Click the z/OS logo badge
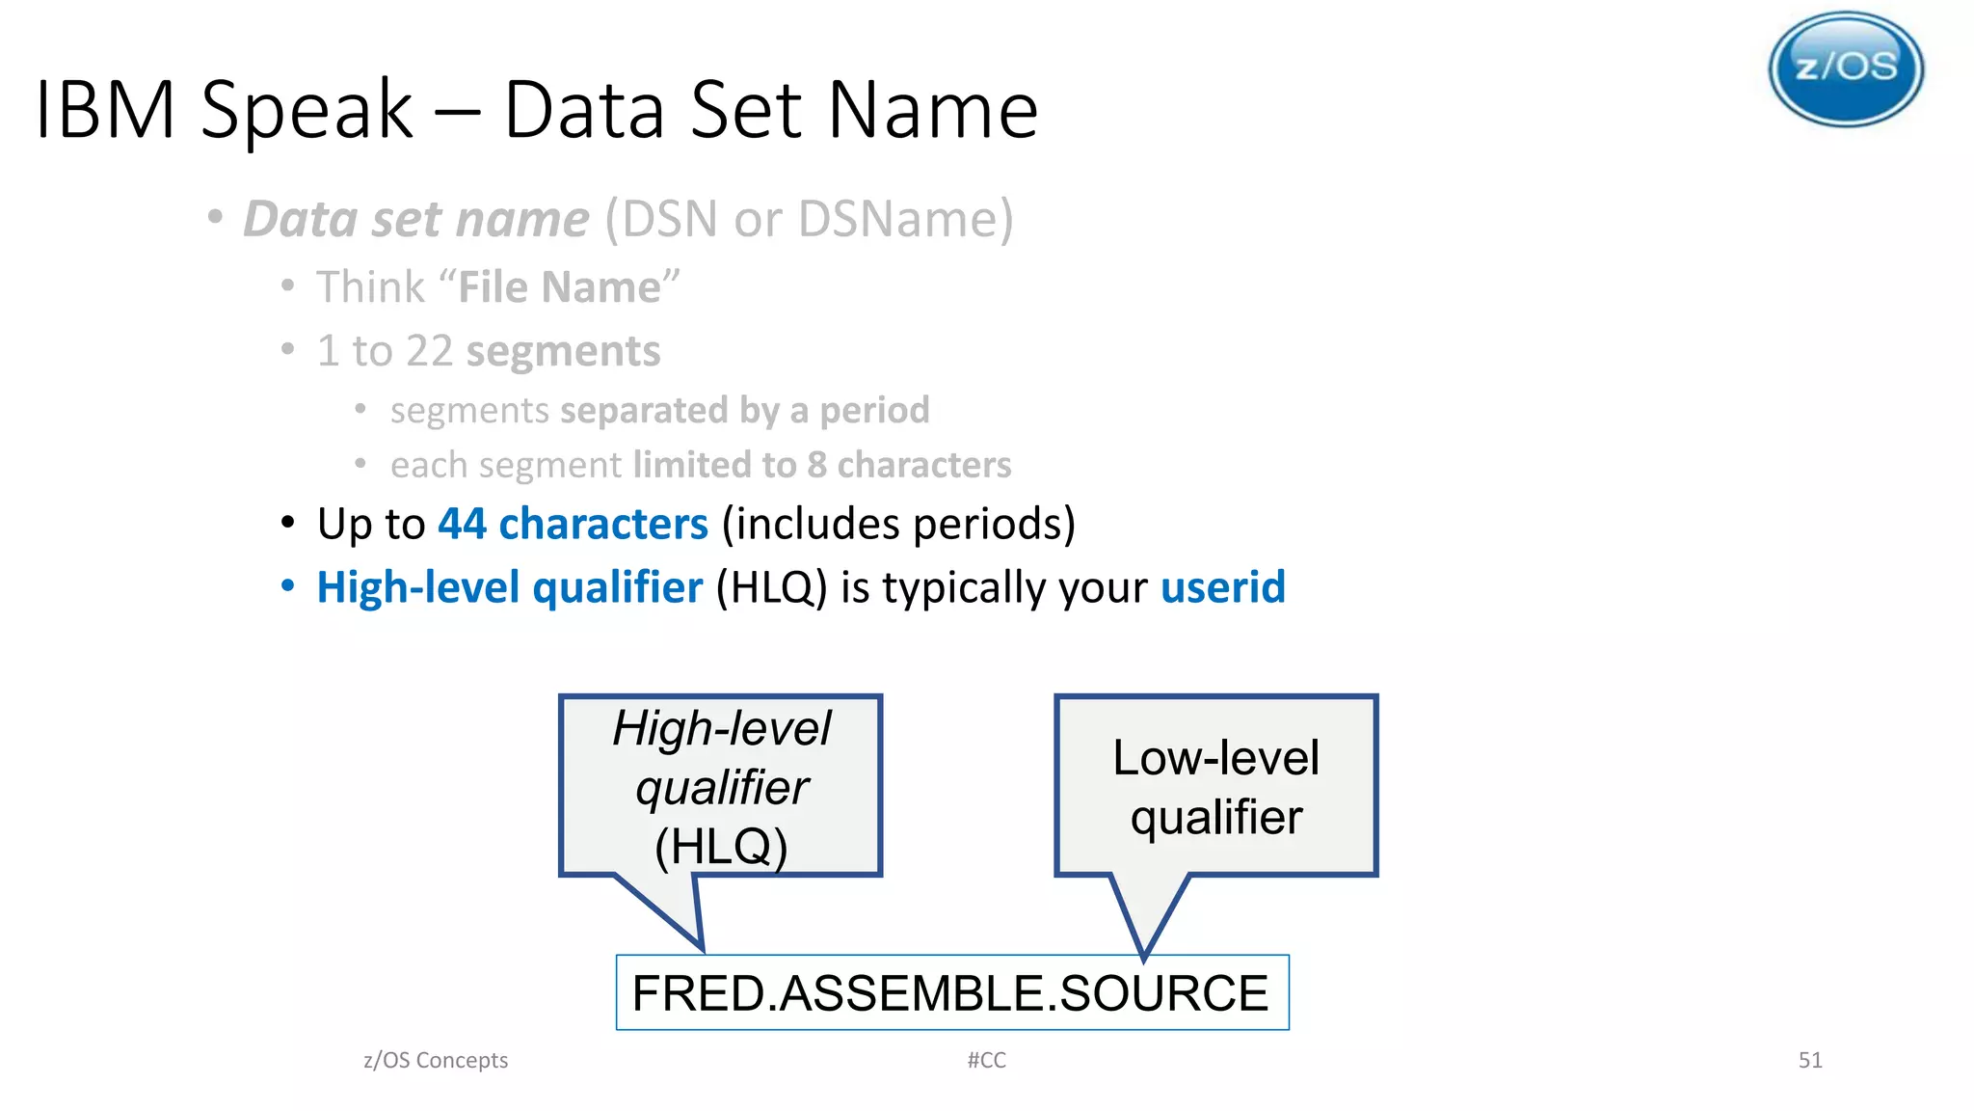1845,69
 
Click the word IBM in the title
105,110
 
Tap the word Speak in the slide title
307,110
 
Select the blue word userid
1222,587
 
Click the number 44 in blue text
462,524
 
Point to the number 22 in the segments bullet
428,351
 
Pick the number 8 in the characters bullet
816,465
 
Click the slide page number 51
1809,1060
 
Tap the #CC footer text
986,1060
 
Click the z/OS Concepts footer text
436,1060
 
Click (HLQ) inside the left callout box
721,846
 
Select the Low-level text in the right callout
1215,757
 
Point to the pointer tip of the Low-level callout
1144,954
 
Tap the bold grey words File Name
559,287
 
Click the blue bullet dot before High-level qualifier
287,586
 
